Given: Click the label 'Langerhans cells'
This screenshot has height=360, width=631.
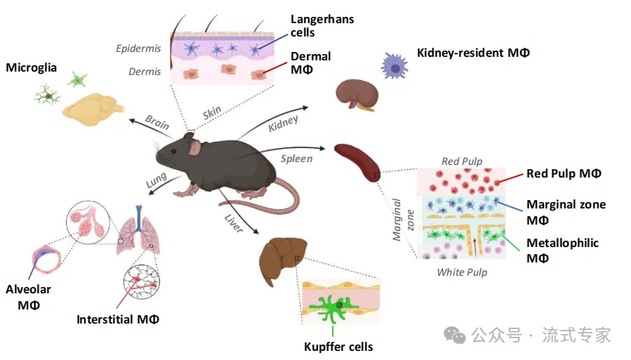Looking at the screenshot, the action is tap(322, 26).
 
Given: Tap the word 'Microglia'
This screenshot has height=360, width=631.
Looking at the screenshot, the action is tap(31, 67).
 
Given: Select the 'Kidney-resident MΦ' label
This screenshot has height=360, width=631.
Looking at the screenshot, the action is tap(473, 53).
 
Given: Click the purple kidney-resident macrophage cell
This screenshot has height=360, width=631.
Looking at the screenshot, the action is tap(394, 67).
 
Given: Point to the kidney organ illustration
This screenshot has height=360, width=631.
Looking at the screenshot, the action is tap(357, 94).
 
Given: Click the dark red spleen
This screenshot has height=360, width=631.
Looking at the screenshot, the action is tap(357, 161).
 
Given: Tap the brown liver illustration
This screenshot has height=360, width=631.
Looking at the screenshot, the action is tap(282, 260).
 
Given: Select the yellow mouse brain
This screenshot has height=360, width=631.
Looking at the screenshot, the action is tap(93, 109).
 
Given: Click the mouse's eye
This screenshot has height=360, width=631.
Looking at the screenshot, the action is tap(173, 152).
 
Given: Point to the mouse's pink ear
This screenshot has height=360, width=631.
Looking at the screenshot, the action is tap(195, 148).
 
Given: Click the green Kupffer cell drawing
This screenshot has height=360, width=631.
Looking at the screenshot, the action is tap(333, 308).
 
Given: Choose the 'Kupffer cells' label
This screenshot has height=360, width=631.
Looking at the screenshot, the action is tap(338, 347).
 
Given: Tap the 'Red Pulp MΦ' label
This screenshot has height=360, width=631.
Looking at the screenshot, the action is tap(564, 173).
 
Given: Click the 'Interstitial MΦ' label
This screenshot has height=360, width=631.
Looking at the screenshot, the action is tap(118, 319).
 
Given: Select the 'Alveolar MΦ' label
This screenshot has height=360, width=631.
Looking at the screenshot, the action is tap(28, 297).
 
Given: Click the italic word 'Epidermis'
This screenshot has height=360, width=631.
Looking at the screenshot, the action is tap(138, 48).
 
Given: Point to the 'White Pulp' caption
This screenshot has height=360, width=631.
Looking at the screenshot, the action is tap(462, 272).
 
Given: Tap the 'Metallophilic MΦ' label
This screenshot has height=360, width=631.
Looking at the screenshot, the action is tap(563, 251).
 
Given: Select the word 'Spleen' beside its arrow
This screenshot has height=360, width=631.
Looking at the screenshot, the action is tap(297, 159).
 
